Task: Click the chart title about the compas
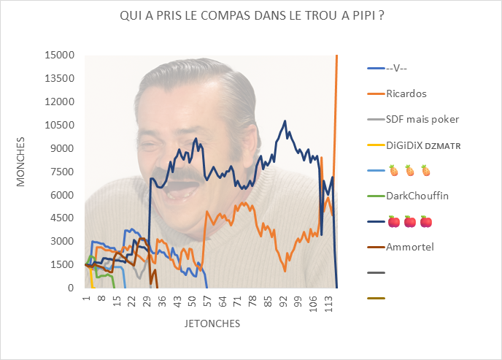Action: [252, 16]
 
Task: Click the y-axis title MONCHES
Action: [21, 159]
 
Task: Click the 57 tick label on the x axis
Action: [206, 299]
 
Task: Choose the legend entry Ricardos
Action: [406, 93]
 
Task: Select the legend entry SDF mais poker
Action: [422, 119]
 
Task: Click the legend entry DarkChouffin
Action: [417, 196]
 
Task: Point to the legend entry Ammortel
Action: [410, 247]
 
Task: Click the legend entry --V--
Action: [396, 68]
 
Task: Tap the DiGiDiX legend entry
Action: [423, 145]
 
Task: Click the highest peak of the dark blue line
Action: [285, 121]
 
